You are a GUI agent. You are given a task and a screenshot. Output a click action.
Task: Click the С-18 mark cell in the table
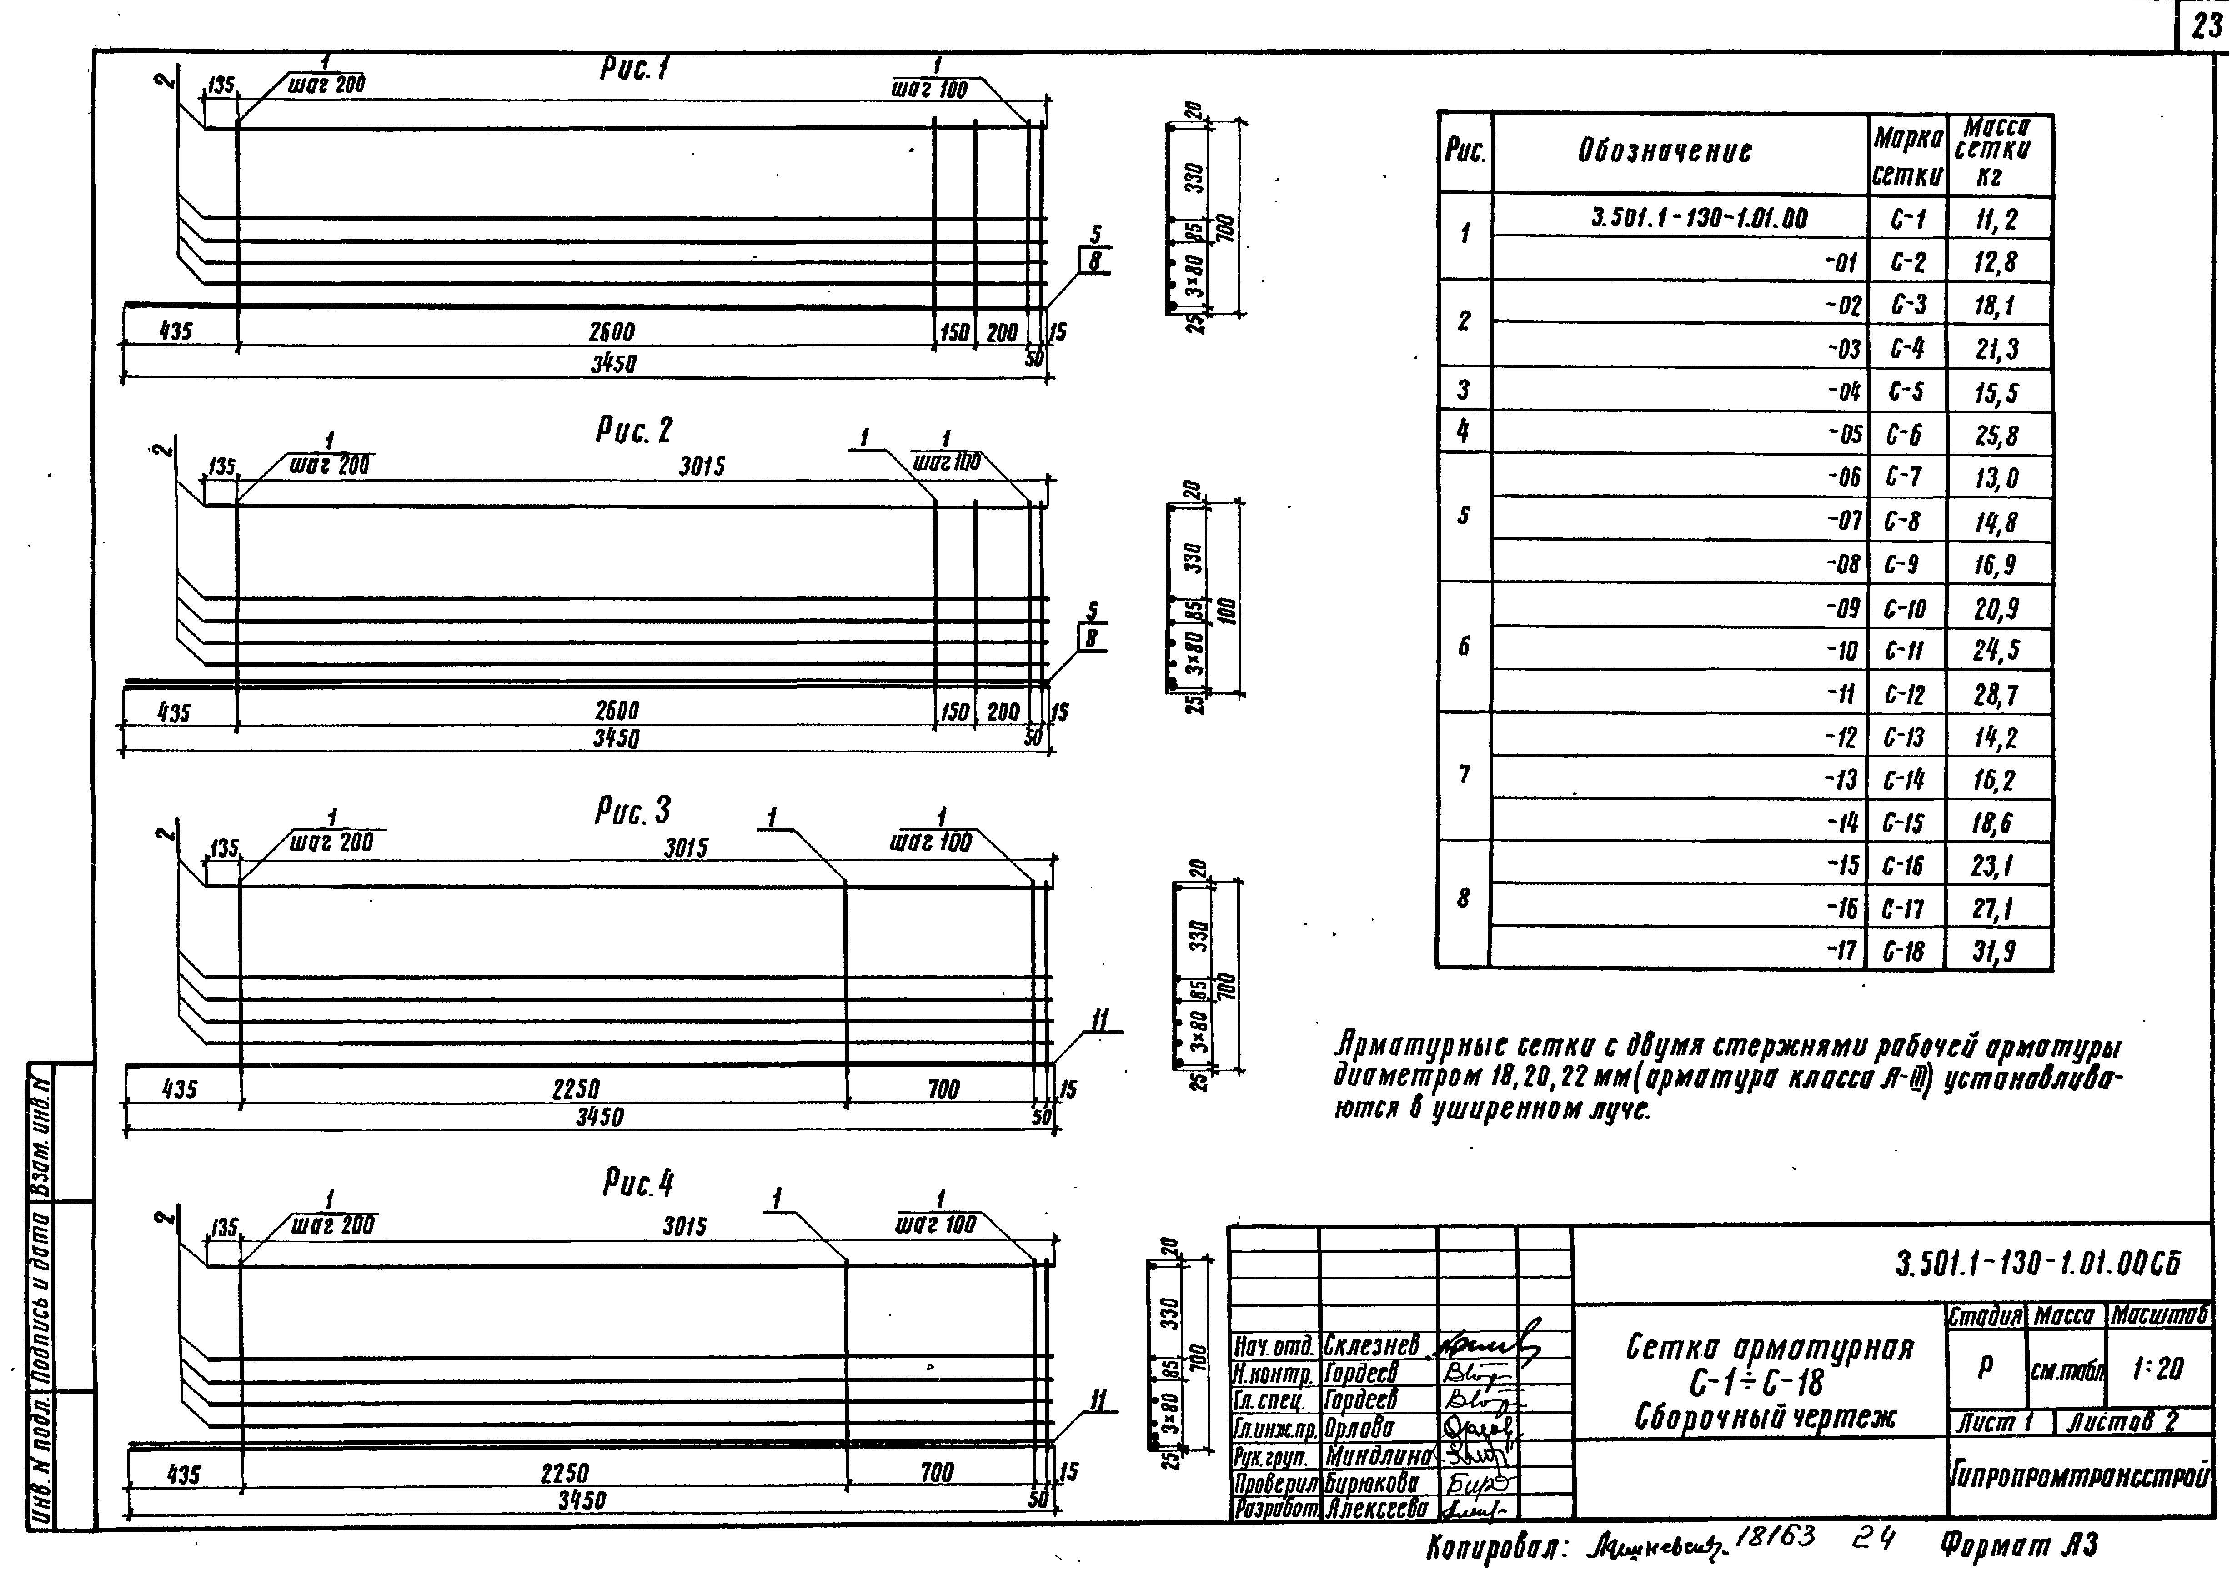point(1904,951)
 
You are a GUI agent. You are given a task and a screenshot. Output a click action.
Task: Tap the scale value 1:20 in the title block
point(2157,1370)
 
